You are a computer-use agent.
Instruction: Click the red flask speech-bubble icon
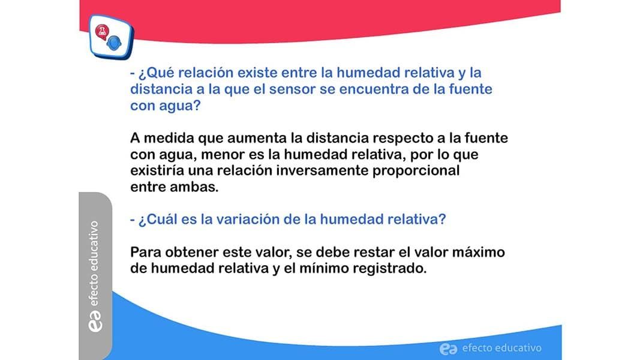point(102,32)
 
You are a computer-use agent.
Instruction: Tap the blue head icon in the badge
point(115,43)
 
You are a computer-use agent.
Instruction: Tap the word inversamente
point(323,170)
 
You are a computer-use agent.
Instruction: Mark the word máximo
point(479,252)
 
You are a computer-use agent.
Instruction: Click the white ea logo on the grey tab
point(95,321)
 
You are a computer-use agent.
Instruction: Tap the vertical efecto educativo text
point(94,263)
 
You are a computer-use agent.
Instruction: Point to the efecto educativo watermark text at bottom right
point(501,348)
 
